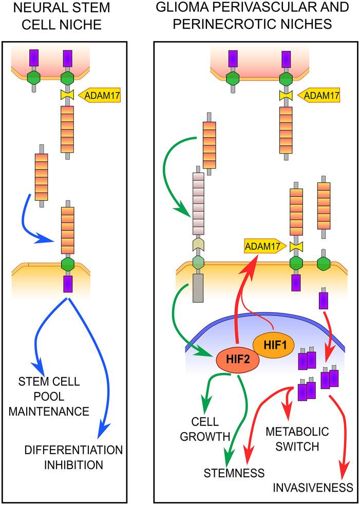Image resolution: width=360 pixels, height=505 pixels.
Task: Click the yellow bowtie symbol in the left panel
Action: (x=67, y=96)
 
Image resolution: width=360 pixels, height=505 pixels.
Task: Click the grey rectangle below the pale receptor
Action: (x=198, y=288)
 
